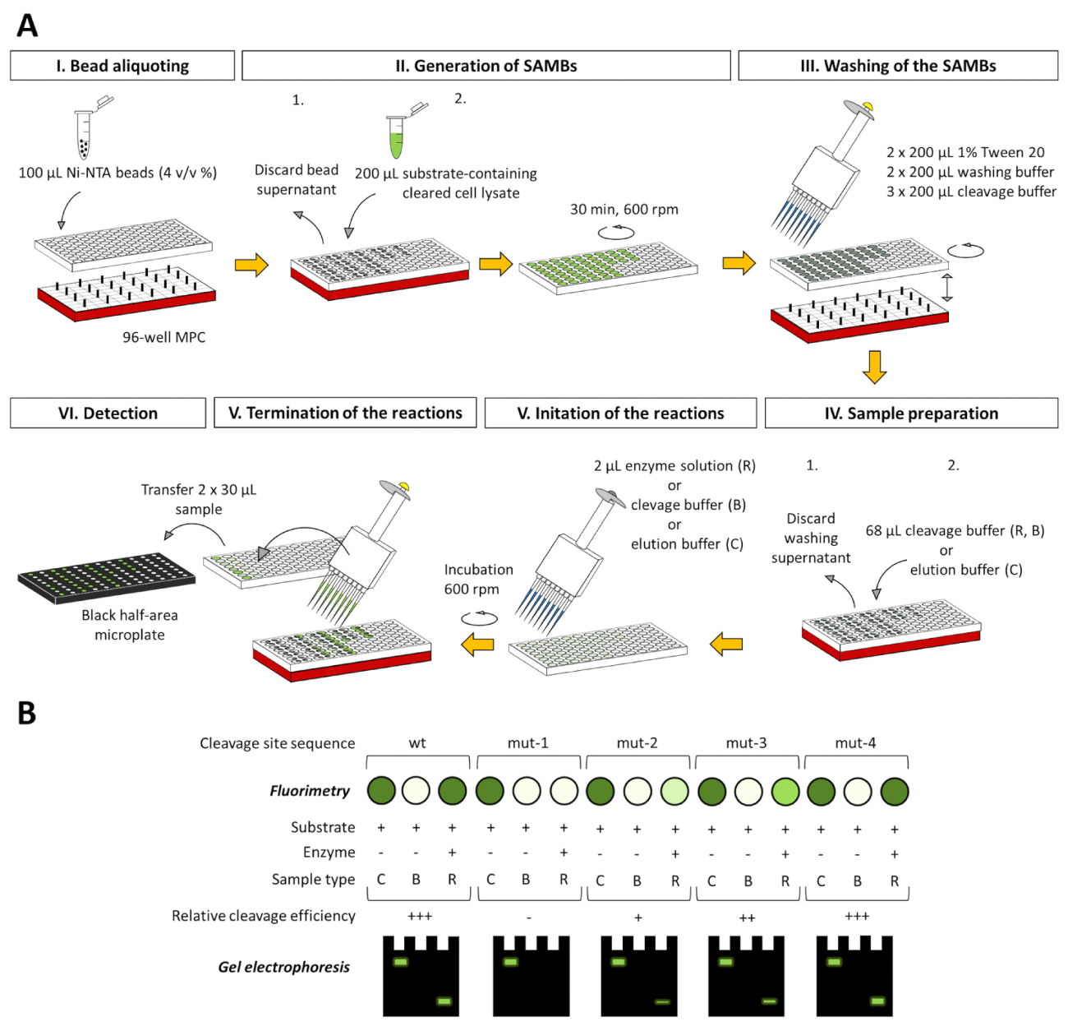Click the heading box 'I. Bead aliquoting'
tap(122, 66)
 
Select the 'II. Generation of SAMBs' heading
tap(486, 66)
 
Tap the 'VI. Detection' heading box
tap(108, 413)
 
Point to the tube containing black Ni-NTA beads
tap(84, 136)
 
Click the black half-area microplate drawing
tap(107, 575)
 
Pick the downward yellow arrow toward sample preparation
tap(874, 367)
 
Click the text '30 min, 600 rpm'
tap(624, 209)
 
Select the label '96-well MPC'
tap(163, 337)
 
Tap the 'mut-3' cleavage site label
tap(746, 743)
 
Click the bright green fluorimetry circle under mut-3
tap(785, 792)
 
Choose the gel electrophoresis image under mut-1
tap(530, 976)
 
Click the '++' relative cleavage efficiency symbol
tap(747, 917)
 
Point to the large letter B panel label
tap(27, 713)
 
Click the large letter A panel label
tap(27, 26)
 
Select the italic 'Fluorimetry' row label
tap(309, 791)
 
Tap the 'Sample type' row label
tap(313, 880)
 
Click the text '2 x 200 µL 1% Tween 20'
tap(965, 152)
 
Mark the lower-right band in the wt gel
tap(444, 1001)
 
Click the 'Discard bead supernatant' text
tap(297, 179)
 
